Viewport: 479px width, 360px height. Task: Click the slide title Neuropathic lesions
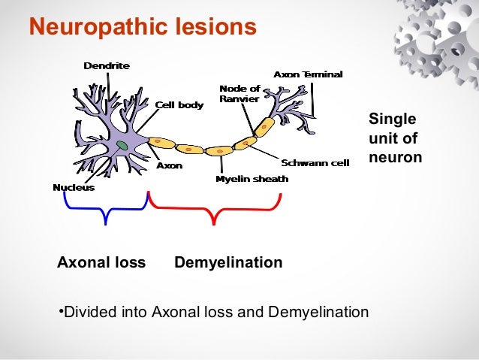point(143,29)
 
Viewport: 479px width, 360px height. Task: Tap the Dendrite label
point(106,65)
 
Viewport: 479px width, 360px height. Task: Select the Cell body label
point(179,105)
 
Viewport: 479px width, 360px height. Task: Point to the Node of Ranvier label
point(239,94)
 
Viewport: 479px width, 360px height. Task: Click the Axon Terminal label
point(308,74)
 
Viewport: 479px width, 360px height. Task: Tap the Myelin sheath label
point(252,179)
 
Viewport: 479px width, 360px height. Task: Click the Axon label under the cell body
point(169,165)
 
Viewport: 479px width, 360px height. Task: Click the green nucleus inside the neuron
point(122,145)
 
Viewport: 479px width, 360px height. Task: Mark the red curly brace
point(215,208)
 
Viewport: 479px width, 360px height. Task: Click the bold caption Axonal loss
point(101,263)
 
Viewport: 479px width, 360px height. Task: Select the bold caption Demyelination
point(228,263)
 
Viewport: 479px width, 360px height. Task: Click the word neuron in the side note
point(395,158)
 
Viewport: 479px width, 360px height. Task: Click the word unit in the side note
point(381,139)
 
